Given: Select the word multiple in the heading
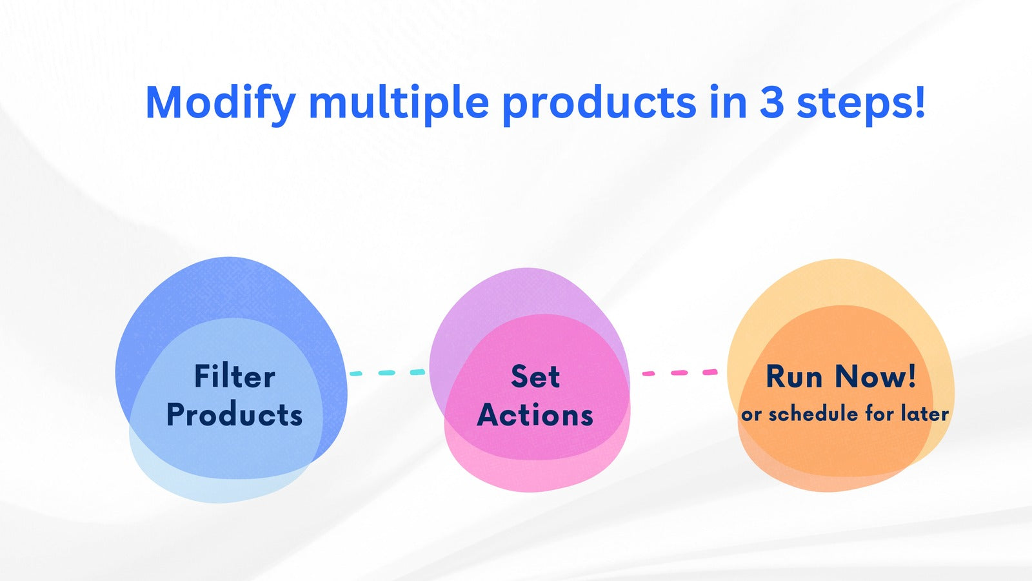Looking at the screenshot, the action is tap(399, 103).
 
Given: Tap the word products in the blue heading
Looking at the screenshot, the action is tap(599, 103).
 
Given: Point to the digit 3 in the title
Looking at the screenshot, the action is tap(771, 103).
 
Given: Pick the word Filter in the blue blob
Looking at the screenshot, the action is tap(235, 376).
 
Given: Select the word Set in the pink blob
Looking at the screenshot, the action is tap(535, 376).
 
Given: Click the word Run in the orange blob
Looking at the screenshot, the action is tap(794, 376).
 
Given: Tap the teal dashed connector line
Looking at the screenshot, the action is tap(388, 372).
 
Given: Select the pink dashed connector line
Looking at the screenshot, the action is tap(680, 372).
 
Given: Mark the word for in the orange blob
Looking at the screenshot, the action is tap(880, 413).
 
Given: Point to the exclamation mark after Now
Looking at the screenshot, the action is tap(911, 376).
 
